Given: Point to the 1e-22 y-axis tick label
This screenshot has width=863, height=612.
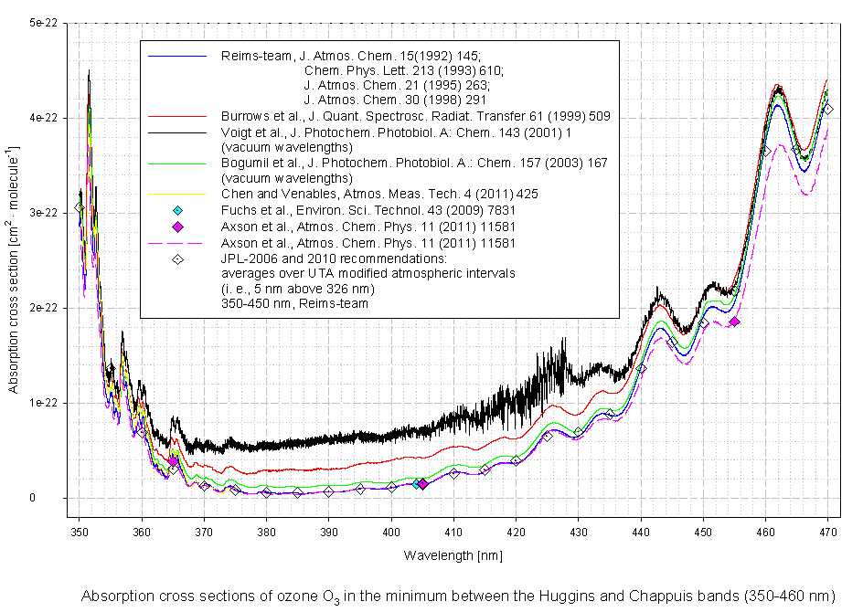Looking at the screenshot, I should pos(42,403).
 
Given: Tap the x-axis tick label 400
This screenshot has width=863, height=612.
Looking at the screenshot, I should pos(391,530).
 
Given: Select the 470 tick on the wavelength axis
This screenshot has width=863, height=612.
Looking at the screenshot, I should pos(827,530).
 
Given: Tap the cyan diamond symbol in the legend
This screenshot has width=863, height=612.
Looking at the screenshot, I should pos(178,211).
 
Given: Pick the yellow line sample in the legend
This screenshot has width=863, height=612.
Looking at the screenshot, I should pos(178,195).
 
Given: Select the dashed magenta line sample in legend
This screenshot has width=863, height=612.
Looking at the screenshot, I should pos(178,243).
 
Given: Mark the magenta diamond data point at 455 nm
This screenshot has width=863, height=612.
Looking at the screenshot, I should pos(734,322).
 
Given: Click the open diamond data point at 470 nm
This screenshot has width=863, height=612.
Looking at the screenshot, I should pos(827,110).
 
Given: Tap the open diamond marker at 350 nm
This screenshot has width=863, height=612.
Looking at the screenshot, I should pos(80,208).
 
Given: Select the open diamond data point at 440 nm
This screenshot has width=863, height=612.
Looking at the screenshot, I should pos(641,368).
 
